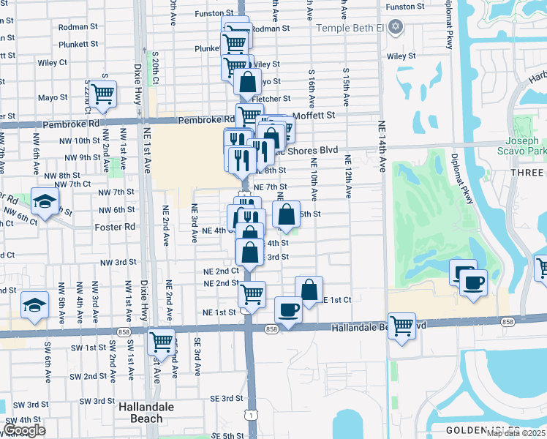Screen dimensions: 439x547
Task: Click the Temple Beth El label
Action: pos(350,28)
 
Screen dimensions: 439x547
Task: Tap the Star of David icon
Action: pos(396,28)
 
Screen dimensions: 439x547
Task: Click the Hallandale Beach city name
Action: pos(146,413)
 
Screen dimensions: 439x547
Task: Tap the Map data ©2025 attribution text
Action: pos(515,434)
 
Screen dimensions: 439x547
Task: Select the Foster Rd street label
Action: pos(115,227)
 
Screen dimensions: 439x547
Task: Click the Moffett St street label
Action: pos(314,115)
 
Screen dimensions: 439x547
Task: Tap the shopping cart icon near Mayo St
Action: pos(102,94)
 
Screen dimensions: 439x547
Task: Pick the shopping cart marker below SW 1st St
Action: pos(161,341)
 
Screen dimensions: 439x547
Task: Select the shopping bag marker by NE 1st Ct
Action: pos(309,289)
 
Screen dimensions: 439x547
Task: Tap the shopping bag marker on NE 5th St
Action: pos(286,214)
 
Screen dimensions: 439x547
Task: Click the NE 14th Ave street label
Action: pos(382,146)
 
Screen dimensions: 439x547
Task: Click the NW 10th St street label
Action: pos(82,140)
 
